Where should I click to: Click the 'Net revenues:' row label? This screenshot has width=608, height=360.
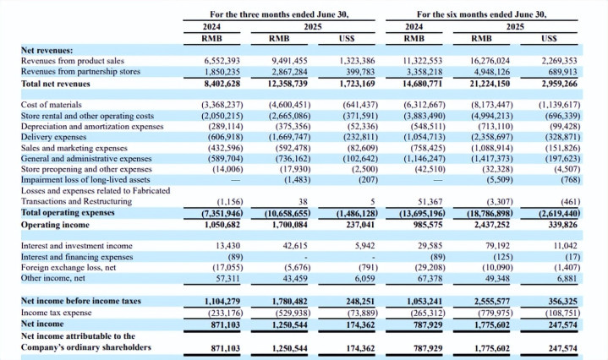[x=47, y=51]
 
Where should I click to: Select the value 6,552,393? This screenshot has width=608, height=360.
[x=223, y=61]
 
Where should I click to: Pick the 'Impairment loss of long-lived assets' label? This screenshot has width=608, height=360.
[x=87, y=180]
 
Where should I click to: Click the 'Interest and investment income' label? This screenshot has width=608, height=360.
[x=77, y=246]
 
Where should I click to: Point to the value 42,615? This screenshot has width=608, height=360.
[x=293, y=246]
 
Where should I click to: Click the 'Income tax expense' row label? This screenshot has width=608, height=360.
[x=56, y=314]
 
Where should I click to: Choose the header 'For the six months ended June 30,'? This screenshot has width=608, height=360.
[x=482, y=14]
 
